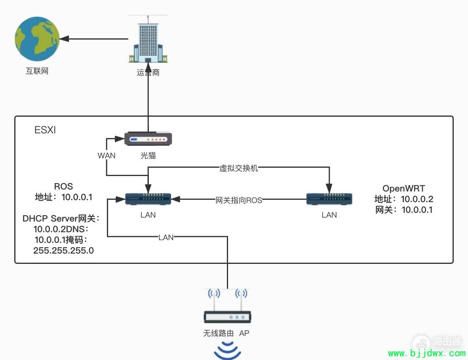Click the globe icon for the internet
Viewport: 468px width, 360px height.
coord(37,39)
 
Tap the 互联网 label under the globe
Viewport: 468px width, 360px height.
coord(37,72)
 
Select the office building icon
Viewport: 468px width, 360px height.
coord(148,40)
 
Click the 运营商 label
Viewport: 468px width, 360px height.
coord(148,72)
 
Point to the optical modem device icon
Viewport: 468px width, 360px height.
coord(148,139)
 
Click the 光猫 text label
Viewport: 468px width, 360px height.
coord(148,155)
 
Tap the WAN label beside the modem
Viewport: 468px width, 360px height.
coord(107,155)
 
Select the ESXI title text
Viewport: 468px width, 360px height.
coord(45,130)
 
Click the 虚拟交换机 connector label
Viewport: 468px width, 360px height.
coord(239,168)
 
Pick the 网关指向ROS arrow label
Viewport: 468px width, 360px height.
coord(239,200)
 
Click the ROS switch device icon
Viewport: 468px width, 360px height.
coord(148,199)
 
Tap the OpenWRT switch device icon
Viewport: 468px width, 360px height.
coord(329,199)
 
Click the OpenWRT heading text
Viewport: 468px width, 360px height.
coord(403,188)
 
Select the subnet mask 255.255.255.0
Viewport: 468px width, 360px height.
coord(63,250)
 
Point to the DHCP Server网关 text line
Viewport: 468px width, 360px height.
coord(61,218)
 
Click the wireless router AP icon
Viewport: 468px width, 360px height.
coord(228,313)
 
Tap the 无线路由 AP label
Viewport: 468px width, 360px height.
coord(226,333)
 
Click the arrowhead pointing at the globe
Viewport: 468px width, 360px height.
coord(64,39)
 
